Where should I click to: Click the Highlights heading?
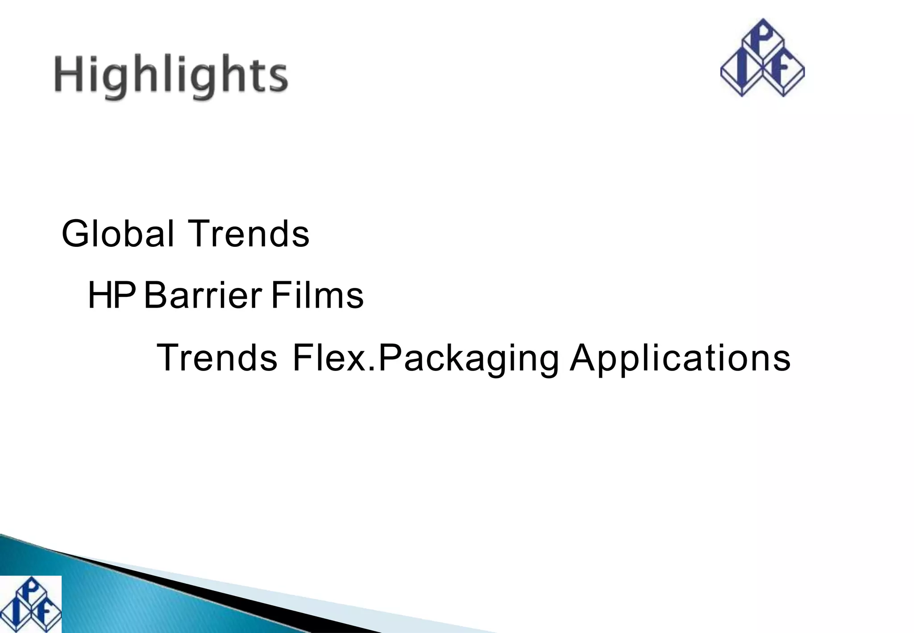(x=171, y=76)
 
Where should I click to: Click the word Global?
(x=117, y=233)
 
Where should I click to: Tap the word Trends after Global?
(x=249, y=233)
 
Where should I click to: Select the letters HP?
(x=112, y=296)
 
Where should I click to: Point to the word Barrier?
(x=203, y=296)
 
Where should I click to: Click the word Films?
(x=317, y=296)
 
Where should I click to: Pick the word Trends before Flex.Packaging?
(x=217, y=358)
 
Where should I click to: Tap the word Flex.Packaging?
(x=425, y=358)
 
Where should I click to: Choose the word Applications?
(x=680, y=358)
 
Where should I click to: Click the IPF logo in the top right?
(x=762, y=58)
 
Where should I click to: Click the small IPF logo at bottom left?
(x=30, y=604)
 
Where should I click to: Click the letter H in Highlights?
(x=68, y=74)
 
